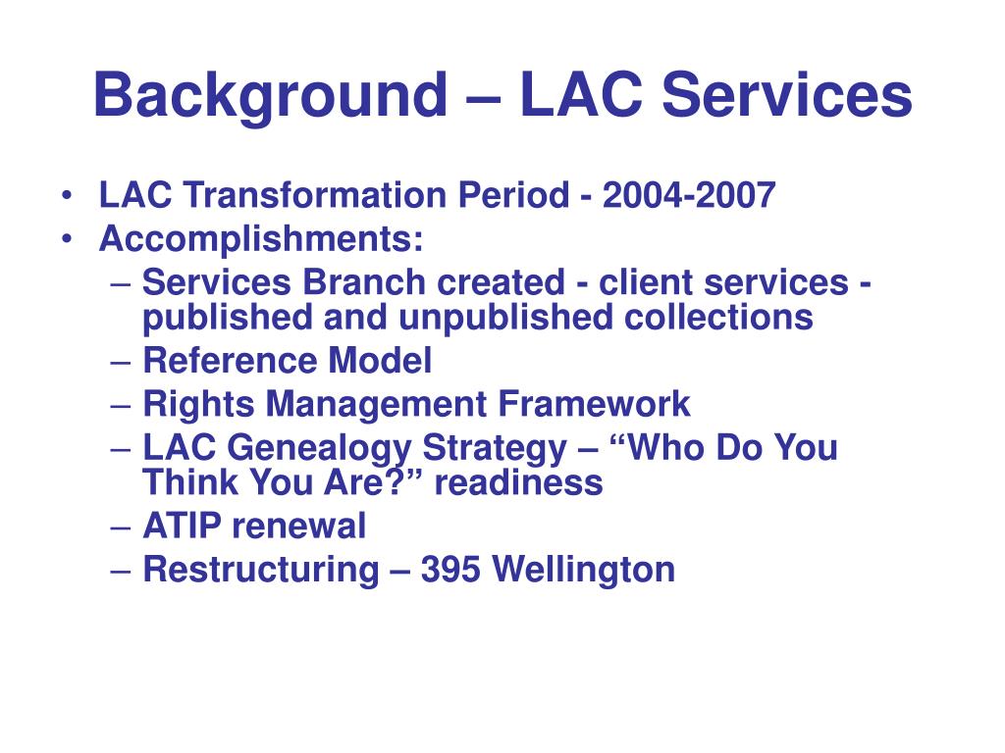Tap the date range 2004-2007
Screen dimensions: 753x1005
[x=689, y=196]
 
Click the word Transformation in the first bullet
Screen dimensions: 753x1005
[x=317, y=196]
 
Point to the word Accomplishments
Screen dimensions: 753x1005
[x=262, y=239]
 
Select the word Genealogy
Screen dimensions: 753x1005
[x=319, y=448]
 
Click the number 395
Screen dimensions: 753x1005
[x=450, y=569]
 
